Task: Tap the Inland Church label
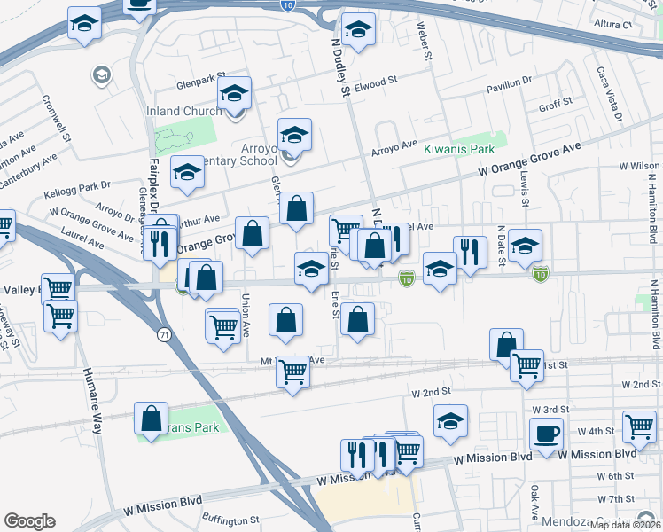(184, 112)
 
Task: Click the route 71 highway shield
(164, 333)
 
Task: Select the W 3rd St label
(550, 409)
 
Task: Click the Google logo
(29, 521)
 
